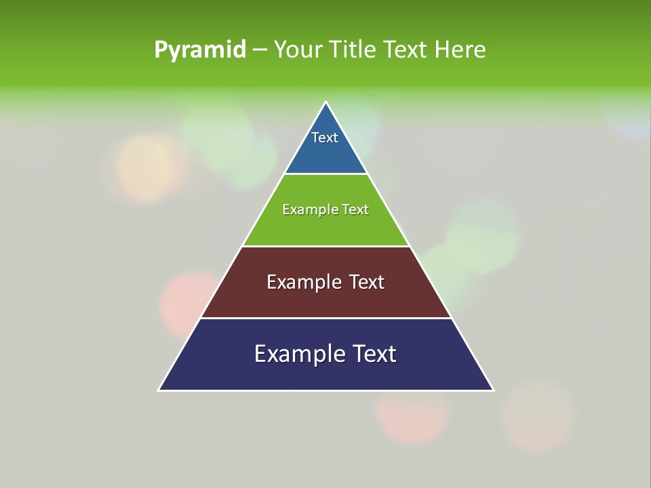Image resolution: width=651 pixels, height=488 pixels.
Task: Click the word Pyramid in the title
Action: (x=200, y=49)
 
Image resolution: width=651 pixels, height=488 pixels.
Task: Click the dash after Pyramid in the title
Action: (x=260, y=50)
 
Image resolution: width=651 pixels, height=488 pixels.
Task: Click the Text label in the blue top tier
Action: (x=325, y=138)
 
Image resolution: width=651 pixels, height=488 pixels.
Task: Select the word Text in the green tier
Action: (x=355, y=209)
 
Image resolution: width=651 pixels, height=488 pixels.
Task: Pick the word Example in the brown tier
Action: (x=303, y=282)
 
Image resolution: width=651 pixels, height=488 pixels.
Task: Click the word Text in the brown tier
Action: (x=367, y=282)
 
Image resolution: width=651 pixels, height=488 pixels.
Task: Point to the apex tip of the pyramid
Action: (x=325, y=103)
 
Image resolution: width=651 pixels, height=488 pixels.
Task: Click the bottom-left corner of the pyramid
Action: (x=159, y=390)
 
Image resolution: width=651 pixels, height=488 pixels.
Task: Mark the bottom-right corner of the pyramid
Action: (x=493, y=390)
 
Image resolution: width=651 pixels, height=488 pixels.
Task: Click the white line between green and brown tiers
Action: (x=325, y=246)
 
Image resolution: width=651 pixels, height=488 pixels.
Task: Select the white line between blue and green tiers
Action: (x=325, y=174)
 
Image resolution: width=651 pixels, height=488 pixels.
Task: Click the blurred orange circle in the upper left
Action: (x=151, y=167)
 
